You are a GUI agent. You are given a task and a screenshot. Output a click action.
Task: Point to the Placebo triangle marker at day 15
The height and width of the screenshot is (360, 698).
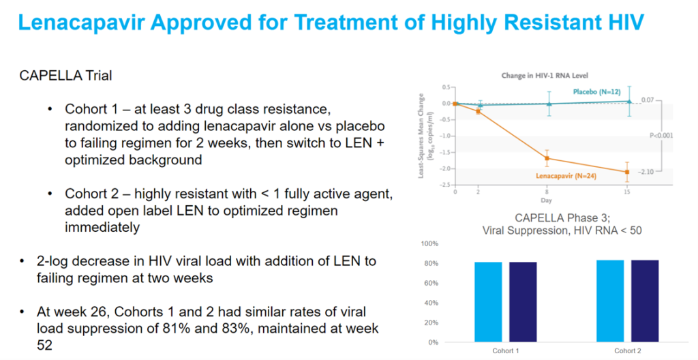(x=628, y=101)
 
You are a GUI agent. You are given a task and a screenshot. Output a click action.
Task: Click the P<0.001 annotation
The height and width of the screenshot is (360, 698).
(x=661, y=135)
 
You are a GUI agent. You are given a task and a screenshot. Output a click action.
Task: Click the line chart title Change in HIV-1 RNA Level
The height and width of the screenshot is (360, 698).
(x=545, y=75)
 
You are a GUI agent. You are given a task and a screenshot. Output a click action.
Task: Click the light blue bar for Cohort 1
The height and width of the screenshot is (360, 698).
(x=488, y=302)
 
